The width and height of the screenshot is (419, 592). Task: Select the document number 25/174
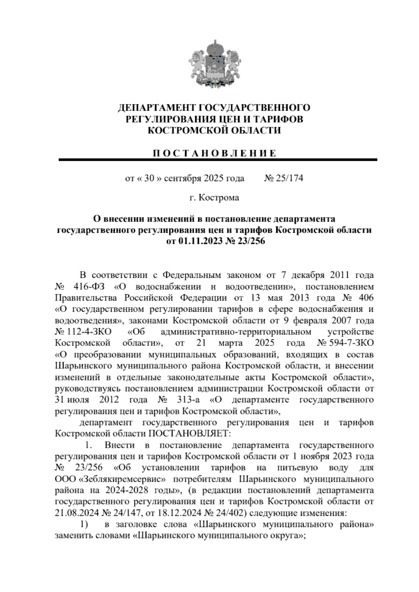[x=288, y=179]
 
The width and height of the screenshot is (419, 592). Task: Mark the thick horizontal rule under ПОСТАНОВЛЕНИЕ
[x=218, y=160]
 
